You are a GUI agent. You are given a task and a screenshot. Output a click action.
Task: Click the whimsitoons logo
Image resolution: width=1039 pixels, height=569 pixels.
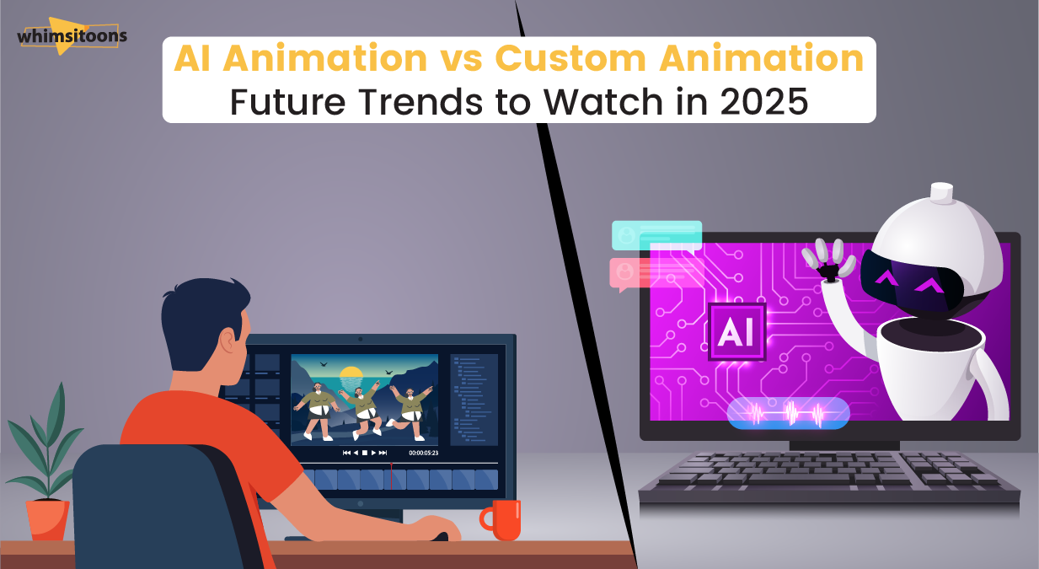(x=71, y=35)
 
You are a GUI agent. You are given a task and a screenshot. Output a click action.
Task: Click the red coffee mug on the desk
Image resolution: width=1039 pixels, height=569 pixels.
(x=502, y=519)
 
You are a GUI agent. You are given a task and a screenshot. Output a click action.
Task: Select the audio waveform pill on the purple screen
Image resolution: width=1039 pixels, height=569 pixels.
(x=788, y=413)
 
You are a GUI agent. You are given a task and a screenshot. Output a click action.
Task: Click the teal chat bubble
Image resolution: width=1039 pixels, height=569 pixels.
(x=656, y=236)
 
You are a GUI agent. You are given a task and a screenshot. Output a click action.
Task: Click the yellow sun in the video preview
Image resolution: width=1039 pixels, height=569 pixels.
(x=350, y=373)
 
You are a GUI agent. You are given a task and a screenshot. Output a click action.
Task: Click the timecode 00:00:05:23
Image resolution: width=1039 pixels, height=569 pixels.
(x=423, y=453)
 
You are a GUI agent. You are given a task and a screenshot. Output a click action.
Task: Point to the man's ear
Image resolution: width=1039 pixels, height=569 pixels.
(x=228, y=340)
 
